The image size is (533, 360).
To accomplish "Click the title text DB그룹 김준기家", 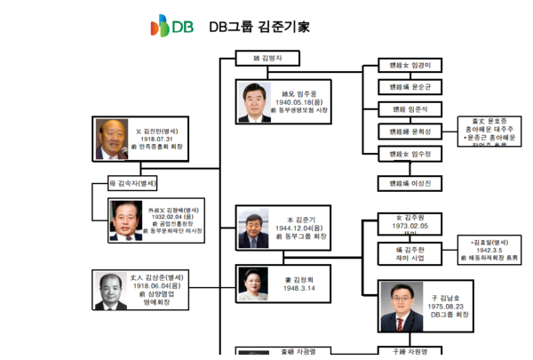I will coord(259,27).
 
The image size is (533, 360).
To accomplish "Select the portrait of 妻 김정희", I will coord(251,286).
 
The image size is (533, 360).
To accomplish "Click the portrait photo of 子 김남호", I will coord(396,303).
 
